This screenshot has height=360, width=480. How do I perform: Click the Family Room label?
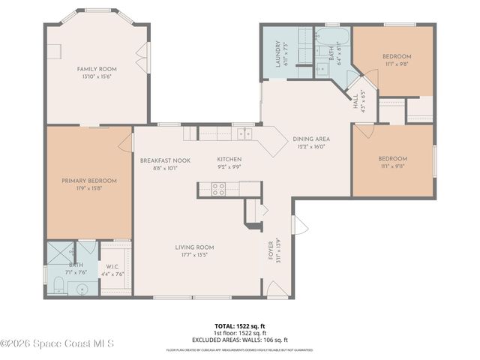pos(97,69)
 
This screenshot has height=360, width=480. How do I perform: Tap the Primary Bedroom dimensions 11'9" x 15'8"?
pos(89,188)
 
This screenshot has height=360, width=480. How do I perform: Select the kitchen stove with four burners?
pos(219,190)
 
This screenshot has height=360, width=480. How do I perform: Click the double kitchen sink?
pos(244,133)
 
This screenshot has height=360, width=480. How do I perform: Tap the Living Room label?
pos(195,247)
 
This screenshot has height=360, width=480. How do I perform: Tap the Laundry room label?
pos(277,53)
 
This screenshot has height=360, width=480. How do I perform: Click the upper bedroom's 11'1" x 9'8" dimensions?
pos(397,64)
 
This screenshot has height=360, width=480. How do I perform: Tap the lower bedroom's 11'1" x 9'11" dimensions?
pos(392,166)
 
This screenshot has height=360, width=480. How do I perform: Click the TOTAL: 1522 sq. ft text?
pos(239,326)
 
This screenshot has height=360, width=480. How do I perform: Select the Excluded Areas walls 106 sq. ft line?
pos(239,339)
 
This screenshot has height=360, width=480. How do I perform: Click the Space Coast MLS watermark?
pos(57,344)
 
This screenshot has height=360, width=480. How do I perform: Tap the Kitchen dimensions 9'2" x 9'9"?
pos(229,167)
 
